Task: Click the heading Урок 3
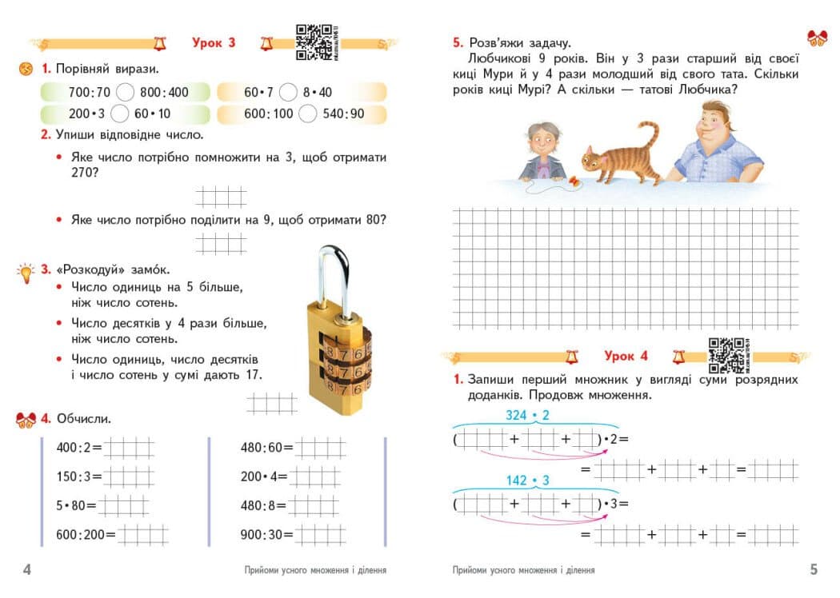[214, 43]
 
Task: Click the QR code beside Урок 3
[313, 42]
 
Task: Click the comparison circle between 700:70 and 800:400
[125, 92]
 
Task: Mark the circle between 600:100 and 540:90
[308, 114]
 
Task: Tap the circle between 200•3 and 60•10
[120, 114]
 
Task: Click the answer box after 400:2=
[128, 448]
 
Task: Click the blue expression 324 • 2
[527, 416]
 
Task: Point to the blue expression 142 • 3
[527, 480]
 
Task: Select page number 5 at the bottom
[814, 570]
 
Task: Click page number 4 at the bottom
[26, 570]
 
